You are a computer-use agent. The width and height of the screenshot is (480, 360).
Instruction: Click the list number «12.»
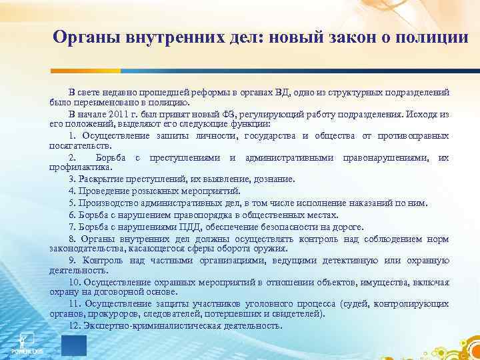pyautogui.click(x=75, y=325)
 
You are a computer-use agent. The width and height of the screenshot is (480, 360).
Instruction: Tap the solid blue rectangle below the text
pyautogui.click(x=74, y=346)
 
